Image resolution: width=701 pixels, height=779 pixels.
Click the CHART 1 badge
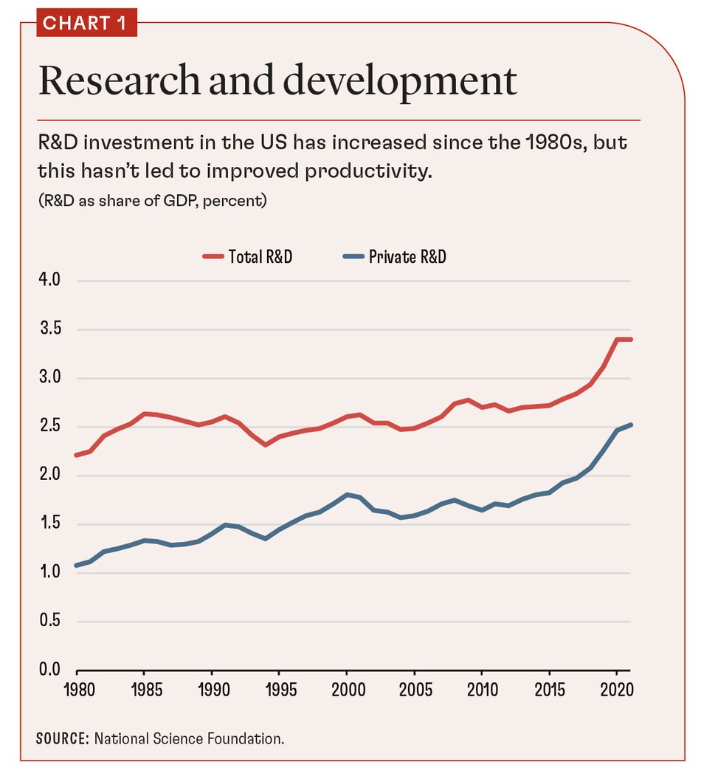click(x=86, y=23)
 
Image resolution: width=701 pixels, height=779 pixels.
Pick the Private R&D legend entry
click(x=396, y=257)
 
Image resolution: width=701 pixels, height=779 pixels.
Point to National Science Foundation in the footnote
click(x=189, y=738)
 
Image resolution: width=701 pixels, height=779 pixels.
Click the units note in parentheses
click(x=152, y=201)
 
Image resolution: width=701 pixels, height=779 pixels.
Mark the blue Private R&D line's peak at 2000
click(x=346, y=495)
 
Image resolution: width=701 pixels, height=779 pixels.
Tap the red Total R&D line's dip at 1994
click(x=265, y=445)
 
